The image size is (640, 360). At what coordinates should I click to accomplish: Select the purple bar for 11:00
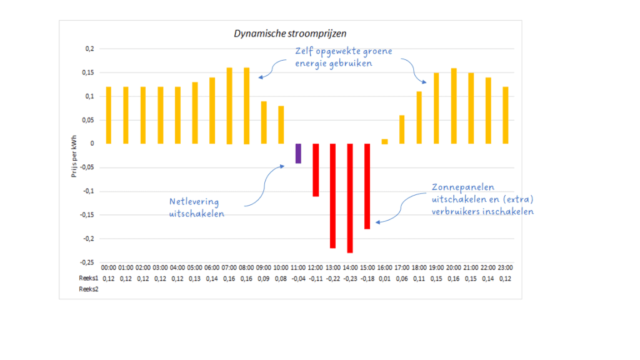[x=298, y=153]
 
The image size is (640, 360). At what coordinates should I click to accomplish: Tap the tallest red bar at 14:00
[x=349, y=198]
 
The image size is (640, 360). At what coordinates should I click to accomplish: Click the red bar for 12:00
[x=316, y=170]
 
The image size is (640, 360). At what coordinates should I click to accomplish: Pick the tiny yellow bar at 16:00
[x=384, y=141]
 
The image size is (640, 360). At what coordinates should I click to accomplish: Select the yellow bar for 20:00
[x=454, y=106]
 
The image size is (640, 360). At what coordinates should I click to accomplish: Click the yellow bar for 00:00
[x=108, y=116]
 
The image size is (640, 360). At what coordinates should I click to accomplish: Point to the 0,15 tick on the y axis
[x=88, y=72]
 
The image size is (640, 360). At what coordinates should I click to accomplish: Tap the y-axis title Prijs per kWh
[x=74, y=156]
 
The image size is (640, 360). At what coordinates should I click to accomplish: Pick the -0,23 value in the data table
[x=349, y=279]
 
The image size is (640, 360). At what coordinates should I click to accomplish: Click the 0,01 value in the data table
[x=384, y=279]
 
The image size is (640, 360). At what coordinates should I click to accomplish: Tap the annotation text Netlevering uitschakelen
[x=197, y=207]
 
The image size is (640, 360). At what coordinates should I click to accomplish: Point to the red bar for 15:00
[x=367, y=186]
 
